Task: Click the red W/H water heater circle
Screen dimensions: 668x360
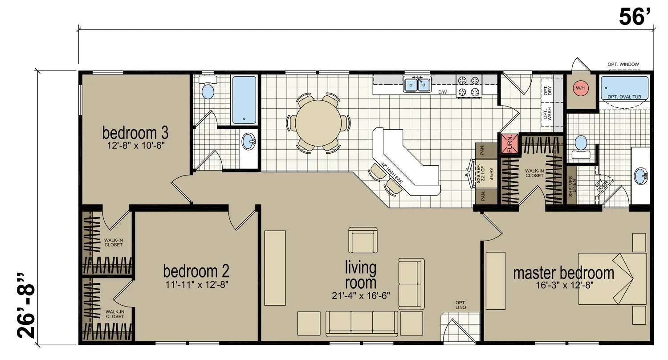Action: click(580, 88)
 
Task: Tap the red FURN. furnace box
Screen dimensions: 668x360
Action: click(509, 144)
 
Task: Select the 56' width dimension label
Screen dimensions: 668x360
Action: click(635, 17)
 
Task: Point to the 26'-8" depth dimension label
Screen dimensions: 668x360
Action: click(26, 305)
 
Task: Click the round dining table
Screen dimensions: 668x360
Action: click(318, 123)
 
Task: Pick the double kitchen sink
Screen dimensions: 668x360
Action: click(417, 85)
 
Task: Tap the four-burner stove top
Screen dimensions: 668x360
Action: click(468, 86)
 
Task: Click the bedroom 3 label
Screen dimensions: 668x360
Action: click(135, 133)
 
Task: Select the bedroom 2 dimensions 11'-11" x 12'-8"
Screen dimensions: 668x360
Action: click(197, 285)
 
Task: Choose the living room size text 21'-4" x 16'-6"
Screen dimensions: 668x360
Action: click(361, 295)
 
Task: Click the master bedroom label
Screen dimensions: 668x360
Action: click(563, 273)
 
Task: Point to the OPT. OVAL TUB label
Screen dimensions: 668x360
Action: click(624, 97)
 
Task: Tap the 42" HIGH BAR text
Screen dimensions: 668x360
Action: click(392, 172)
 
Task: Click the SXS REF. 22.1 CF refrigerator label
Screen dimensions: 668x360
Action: click(481, 174)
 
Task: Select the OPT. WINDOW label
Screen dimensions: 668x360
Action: click(623, 65)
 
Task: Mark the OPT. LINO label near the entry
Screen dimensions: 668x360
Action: click(460, 305)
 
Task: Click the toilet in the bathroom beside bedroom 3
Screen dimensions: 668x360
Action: click(208, 88)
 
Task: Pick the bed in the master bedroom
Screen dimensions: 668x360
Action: click(612, 279)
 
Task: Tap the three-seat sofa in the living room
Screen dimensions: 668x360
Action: click(362, 323)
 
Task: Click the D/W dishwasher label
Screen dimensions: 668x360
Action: click(443, 92)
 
